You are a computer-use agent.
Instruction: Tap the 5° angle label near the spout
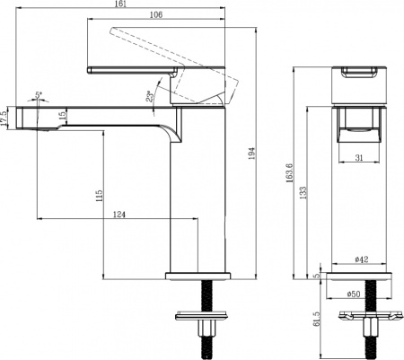tap(38, 93)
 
